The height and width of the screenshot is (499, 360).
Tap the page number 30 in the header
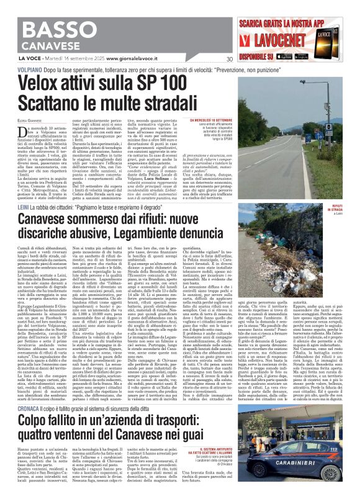[229, 60]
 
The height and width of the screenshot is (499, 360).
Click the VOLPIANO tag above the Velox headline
[17, 71]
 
